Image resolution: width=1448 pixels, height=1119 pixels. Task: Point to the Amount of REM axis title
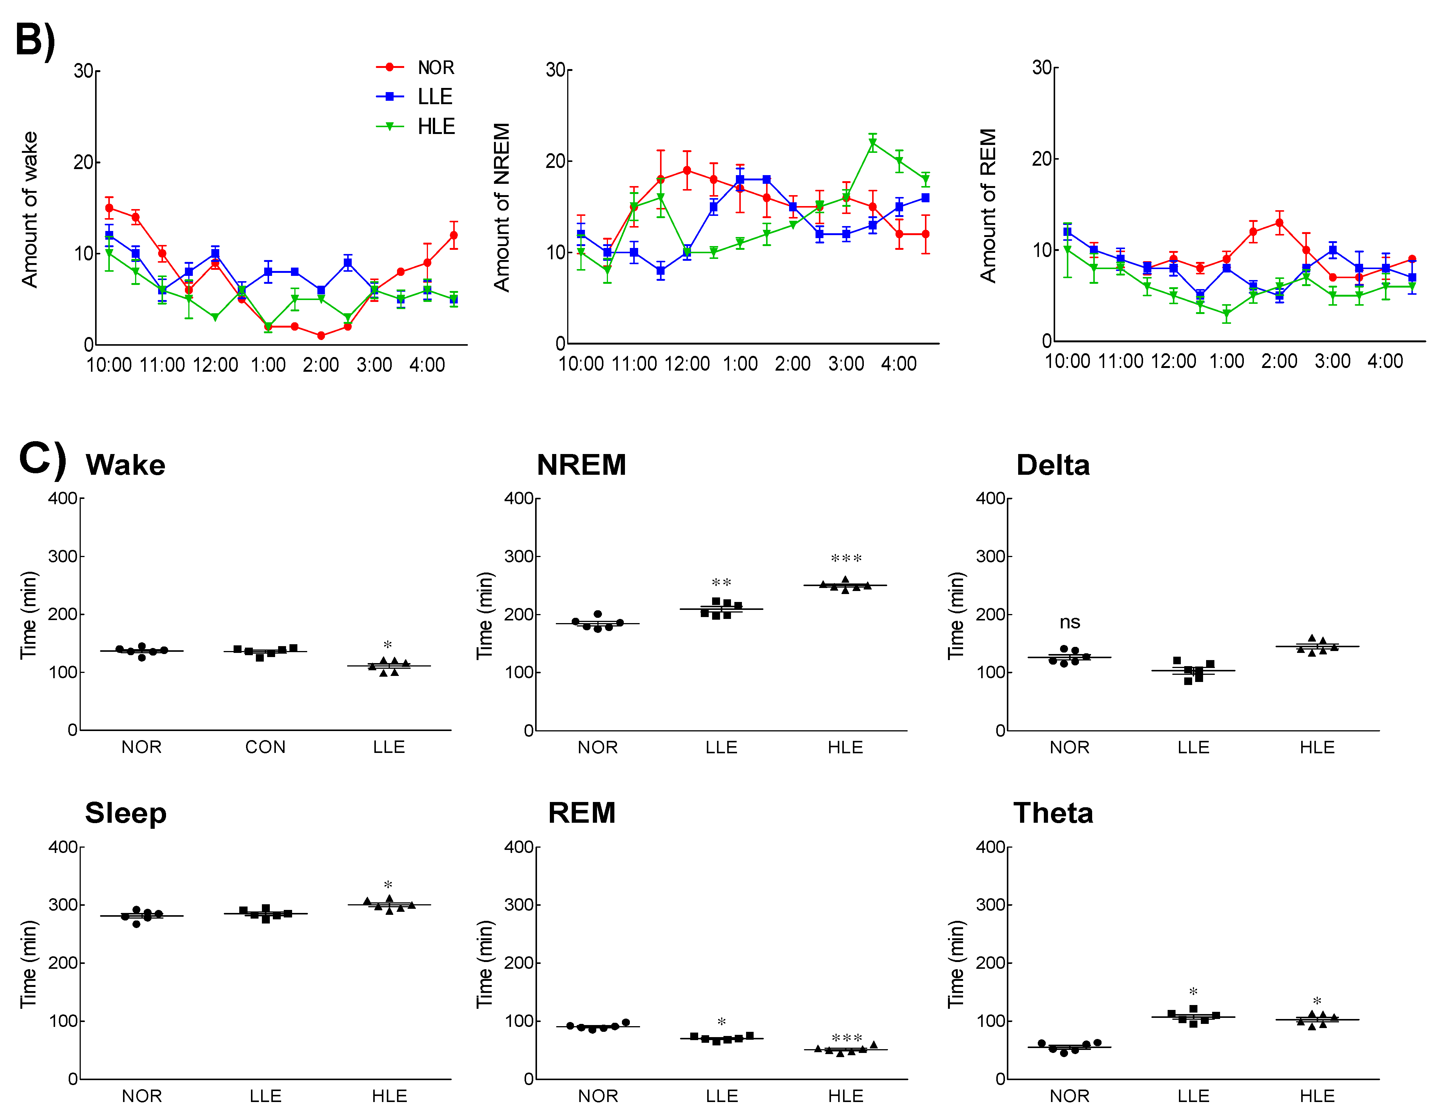coord(988,206)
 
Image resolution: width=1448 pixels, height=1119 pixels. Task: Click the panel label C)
coord(42,459)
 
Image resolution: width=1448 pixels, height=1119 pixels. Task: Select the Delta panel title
coord(1053,465)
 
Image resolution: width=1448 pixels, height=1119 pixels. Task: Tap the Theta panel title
coord(1053,813)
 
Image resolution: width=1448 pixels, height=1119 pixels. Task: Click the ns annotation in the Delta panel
coord(1069,622)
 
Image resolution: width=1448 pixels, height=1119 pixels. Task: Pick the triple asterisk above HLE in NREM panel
coord(846,559)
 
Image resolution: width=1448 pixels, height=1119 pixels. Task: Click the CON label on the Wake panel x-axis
coord(265,747)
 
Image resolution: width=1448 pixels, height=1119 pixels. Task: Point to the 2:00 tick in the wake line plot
coord(321,365)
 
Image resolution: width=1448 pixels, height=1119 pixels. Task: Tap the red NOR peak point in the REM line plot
coord(1279,223)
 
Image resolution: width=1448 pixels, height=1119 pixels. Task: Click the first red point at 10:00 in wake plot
coord(109,208)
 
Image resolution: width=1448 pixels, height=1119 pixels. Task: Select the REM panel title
coord(582,813)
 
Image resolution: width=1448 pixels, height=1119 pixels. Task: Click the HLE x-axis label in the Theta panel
coord(1317,1096)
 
